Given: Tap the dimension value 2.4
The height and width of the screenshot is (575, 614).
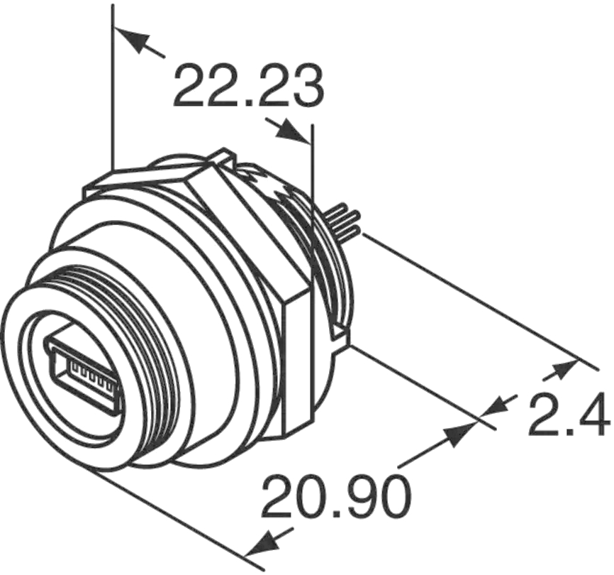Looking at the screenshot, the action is click(x=569, y=414).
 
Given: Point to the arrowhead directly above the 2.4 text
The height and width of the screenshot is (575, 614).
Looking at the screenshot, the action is click(x=560, y=371).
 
